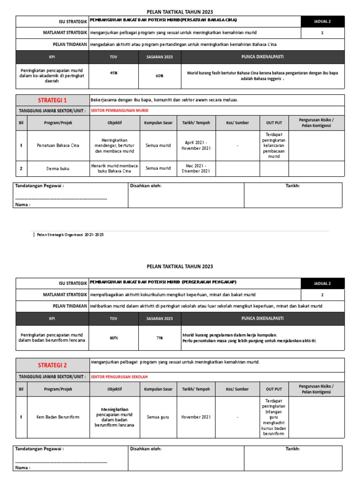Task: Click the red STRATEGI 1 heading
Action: coord(52,100)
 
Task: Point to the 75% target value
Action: coord(159,337)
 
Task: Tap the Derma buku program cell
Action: coord(59,168)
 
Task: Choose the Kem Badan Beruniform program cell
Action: coord(59,416)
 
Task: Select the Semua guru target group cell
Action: coord(157,416)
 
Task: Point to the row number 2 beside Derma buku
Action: coord(21,168)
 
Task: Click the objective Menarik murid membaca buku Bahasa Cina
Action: coord(114,168)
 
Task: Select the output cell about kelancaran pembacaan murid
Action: coord(274,145)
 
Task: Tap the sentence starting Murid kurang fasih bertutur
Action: coord(262,76)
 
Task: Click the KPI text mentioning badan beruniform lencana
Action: coord(52,337)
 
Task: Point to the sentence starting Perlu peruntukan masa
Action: coord(249,341)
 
